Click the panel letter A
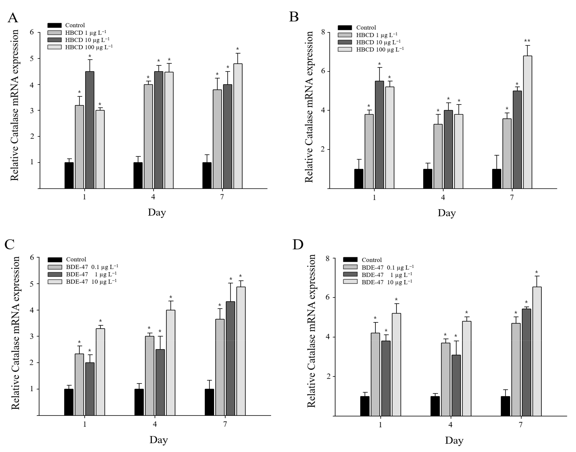click(13, 18)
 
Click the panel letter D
click(298, 245)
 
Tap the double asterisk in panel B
click(527, 41)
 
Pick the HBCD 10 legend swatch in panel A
click(54, 40)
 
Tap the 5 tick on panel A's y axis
click(32, 58)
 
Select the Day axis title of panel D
click(454, 440)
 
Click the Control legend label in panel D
click(372, 260)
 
